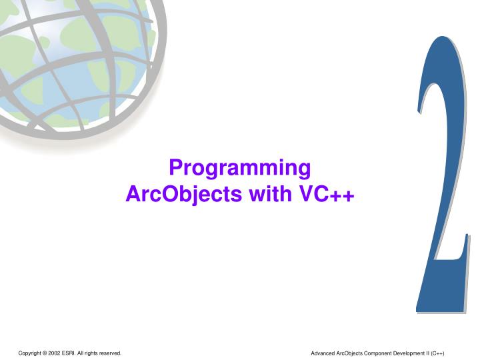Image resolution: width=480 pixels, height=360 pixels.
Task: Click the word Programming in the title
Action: (240, 168)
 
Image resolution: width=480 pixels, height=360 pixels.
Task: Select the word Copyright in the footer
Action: (31, 352)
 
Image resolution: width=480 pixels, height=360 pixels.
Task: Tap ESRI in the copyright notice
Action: (74, 352)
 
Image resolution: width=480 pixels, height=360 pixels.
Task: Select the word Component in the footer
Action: (381, 352)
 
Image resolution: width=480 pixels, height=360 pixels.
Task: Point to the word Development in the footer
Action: (413, 352)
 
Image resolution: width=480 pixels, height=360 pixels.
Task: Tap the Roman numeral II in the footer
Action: (432, 352)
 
